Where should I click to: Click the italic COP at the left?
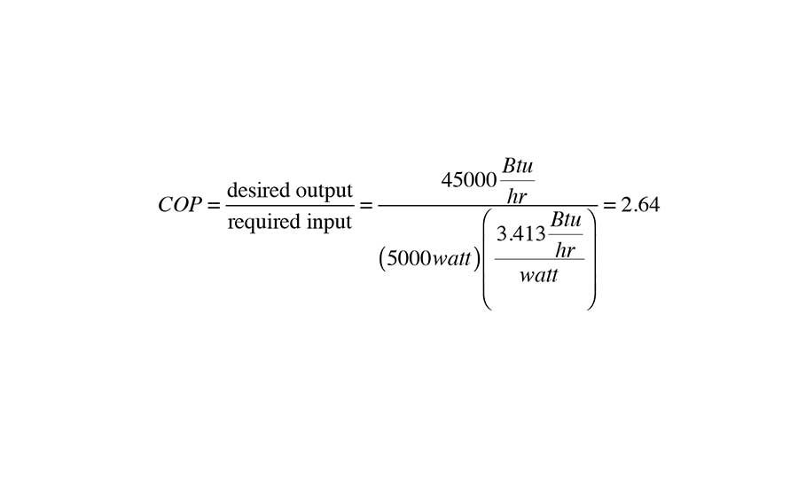(x=180, y=205)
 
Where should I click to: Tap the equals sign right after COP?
(x=214, y=205)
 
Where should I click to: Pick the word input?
(x=327, y=222)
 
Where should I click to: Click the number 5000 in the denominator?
(x=409, y=258)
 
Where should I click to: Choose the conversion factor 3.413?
(x=520, y=235)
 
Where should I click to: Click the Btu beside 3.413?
(x=566, y=221)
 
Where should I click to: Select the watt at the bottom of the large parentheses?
(x=538, y=275)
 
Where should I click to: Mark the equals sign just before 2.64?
(x=609, y=205)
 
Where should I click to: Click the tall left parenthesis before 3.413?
(x=488, y=257)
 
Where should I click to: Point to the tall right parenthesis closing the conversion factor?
(x=591, y=257)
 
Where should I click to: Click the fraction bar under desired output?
(x=290, y=206)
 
